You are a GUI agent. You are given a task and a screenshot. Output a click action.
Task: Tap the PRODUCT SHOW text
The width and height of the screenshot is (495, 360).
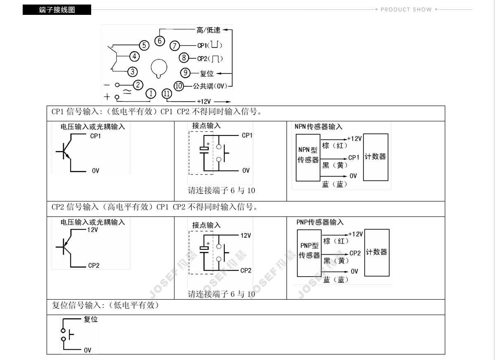tap(406, 9)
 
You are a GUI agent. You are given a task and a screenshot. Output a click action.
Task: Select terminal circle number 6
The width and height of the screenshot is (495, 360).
tap(160, 40)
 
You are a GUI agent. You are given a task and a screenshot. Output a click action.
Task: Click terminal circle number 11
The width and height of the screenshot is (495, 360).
tap(167, 94)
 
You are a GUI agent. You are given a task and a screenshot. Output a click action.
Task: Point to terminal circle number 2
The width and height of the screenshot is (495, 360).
tap(138, 85)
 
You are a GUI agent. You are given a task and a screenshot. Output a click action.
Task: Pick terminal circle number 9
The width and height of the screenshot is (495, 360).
tap(185, 73)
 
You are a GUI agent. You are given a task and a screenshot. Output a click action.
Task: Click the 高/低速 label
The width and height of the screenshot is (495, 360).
tap(208, 30)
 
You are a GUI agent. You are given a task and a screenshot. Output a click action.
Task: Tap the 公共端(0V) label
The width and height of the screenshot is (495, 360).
tap(210, 86)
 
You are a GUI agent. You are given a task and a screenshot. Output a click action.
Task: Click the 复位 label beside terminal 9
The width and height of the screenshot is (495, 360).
tap(207, 73)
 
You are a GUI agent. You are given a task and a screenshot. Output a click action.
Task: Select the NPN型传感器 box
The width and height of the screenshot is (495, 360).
tap(308, 157)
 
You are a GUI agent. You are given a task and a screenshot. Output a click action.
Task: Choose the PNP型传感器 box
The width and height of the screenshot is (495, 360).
tap(309, 253)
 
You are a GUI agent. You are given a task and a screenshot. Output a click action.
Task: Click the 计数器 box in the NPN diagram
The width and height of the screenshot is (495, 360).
tap(375, 157)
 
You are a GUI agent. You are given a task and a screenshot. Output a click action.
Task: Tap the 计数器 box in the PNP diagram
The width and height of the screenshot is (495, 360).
tap(377, 252)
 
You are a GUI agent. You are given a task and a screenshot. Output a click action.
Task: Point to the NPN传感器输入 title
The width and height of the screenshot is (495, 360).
tap(318, 127)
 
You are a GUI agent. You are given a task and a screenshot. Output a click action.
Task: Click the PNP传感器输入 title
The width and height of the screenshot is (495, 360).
tap(320, 222)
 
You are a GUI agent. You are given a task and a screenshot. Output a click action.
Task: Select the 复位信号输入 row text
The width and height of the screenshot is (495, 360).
tap(105, 306)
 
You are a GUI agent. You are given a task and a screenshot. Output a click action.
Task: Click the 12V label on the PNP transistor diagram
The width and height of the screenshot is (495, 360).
tap(92, 230)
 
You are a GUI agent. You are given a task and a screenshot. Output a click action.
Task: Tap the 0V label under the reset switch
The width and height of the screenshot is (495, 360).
tap(87, 350)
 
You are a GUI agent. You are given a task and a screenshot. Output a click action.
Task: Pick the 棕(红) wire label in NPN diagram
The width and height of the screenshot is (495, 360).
tap(335, 146)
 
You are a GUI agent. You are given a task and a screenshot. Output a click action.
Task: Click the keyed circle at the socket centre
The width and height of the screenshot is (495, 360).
tap(158, 68)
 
